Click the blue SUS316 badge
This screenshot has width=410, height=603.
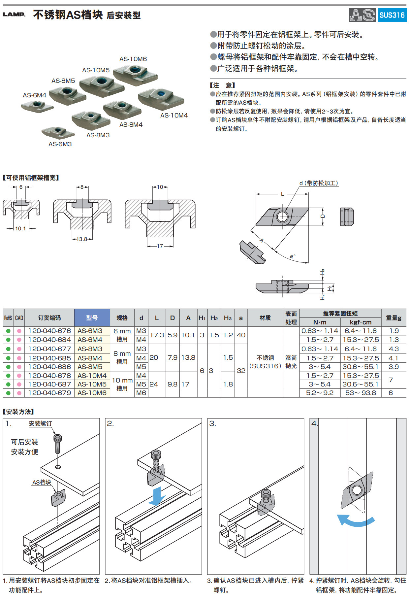392,15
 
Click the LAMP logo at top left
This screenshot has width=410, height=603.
14,15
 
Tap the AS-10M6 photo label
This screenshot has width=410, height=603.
133,59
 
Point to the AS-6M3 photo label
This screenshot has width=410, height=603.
60,144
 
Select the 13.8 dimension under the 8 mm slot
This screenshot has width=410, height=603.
82,239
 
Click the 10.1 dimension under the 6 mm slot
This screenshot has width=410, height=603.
20,228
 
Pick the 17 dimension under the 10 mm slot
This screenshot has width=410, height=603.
160,246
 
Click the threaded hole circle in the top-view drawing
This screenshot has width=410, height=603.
282,217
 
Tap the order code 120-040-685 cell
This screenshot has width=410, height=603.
49,358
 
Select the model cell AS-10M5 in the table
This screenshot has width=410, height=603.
92,384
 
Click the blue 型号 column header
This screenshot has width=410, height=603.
92,318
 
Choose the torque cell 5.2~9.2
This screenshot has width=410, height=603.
320,393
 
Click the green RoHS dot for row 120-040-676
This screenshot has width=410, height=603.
8,331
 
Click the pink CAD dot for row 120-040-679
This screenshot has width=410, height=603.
19,393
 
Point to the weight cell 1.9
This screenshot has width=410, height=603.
394,331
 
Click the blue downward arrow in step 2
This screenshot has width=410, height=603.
157,497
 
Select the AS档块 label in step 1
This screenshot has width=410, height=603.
42,483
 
